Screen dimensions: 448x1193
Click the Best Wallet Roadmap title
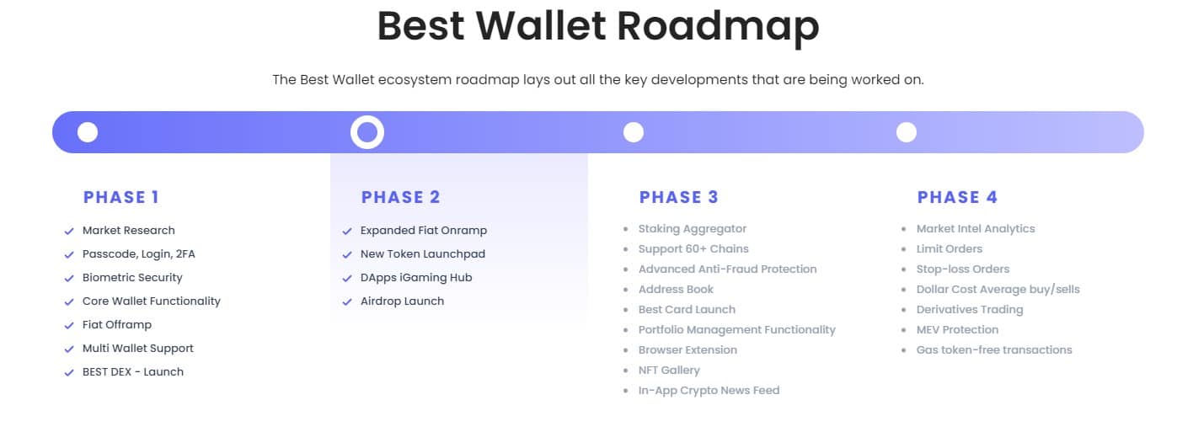597,26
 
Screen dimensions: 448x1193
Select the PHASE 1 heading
121,197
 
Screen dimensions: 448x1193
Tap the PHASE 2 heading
400,197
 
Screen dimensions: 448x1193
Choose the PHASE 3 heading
678,197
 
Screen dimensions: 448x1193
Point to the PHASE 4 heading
957,197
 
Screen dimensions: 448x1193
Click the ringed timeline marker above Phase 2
366,132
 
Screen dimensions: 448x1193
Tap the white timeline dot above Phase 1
88,132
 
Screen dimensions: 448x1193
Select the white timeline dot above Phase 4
906,132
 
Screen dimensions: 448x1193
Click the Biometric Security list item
132,277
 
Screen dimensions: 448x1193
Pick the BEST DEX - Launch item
132,371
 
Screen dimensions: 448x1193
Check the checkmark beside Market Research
69,231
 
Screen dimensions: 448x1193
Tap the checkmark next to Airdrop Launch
347,301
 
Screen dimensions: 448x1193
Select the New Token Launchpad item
422,253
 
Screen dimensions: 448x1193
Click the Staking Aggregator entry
692,228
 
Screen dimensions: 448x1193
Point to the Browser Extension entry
687,349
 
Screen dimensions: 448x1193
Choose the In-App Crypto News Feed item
709,390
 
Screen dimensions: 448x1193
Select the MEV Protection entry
957,329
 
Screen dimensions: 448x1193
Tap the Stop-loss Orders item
962,269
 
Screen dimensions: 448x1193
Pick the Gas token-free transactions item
994,349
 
